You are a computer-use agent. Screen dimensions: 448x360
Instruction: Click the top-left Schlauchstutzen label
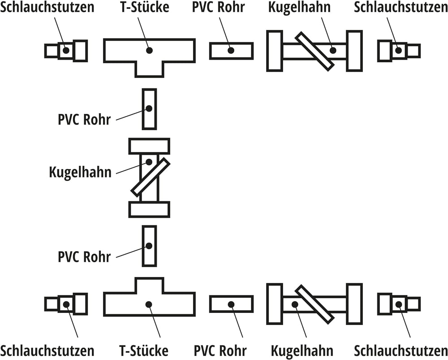click(x=47, y=7)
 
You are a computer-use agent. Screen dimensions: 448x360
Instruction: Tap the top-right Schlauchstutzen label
click(x=401, y=7)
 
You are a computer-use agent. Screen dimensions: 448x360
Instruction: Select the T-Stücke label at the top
click(x=145, y=7)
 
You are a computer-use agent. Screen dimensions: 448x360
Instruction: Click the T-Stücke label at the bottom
click(x=144, y=351)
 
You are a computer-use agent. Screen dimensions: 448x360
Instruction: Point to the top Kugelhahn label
click(x=299, y=8)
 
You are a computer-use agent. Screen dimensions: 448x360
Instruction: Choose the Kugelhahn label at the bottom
click(x=302, y=351)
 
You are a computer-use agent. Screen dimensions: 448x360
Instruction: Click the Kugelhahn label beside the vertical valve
click(x=80, y=173)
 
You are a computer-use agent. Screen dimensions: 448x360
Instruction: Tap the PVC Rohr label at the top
click(x=219, y=7)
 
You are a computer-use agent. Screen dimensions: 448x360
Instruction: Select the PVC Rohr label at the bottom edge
click(x=220, y=351)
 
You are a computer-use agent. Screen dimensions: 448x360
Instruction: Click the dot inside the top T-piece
click(x=149, y=50)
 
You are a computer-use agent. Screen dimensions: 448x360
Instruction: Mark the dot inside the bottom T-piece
click(x=149, y=304)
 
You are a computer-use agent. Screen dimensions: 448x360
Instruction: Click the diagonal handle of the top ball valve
click(x=314, y=51)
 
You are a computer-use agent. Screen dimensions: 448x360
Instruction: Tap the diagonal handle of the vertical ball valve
click(x=150, y=177)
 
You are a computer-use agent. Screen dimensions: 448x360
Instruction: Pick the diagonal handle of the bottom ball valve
click(x=314, y=304)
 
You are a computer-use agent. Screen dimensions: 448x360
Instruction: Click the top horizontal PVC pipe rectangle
click(x=232, y=51)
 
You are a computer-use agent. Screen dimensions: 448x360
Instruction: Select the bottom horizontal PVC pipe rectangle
click(x=232, y=304)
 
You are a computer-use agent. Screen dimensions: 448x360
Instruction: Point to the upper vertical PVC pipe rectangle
click(x=150, y=109)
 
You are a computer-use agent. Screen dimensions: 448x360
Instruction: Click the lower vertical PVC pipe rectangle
click(x=150, y=246)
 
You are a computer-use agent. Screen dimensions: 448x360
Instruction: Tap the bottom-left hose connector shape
click(x=66, y=304)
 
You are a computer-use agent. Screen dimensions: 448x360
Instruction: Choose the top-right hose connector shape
click(x=399, y=51)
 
